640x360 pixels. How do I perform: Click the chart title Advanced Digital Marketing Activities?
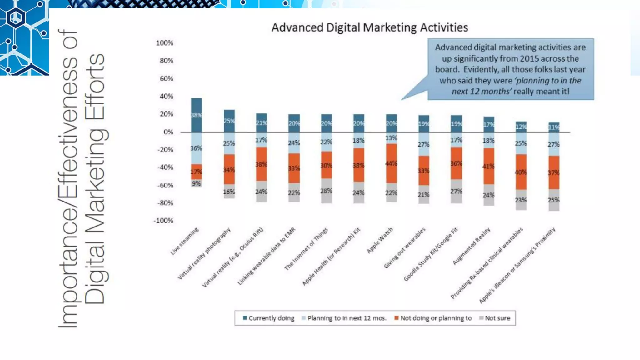369,28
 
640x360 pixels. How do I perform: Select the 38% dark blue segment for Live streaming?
197,115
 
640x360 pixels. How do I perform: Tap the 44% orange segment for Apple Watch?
391,163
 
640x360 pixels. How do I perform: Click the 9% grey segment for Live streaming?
197,183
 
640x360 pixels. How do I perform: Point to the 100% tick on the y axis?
165,43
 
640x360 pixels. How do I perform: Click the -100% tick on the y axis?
163,221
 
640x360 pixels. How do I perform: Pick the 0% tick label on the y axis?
168,132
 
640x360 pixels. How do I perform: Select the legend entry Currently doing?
268,318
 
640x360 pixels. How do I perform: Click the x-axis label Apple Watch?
380,240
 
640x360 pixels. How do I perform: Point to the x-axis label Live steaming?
184,241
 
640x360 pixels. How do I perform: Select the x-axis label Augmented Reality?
472,246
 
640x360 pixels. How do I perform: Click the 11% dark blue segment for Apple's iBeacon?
554,127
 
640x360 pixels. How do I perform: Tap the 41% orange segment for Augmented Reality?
489,166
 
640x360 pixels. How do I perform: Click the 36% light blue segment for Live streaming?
197,148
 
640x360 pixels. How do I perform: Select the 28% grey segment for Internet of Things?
326,191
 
